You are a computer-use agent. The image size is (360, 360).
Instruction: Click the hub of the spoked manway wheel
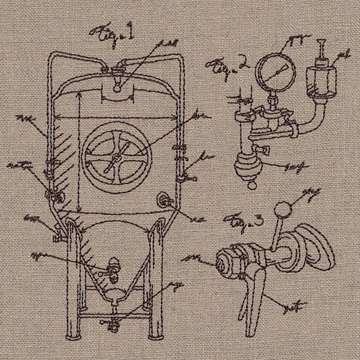[x=114, y=157]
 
